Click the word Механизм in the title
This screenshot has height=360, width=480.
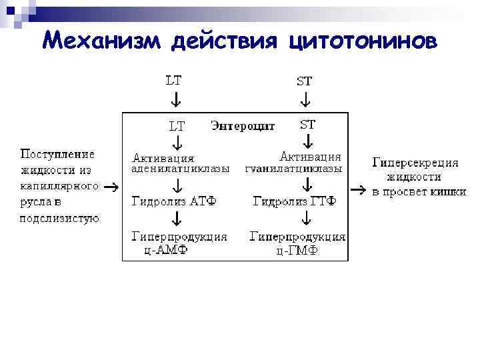101,41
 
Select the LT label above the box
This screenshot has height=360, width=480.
174,81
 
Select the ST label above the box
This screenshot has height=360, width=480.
304,81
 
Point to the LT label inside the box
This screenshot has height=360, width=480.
177,125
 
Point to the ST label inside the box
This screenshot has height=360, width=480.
308,124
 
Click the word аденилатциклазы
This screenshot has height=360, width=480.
180,169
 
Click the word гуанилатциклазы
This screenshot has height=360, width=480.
293,169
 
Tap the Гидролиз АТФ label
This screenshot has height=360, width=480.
174,201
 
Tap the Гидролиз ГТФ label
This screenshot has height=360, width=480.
294,201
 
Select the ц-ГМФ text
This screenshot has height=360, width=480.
297,251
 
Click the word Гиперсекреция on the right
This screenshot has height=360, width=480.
415,162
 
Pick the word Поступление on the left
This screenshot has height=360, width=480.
57,154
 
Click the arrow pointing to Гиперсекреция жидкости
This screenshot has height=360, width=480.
357,190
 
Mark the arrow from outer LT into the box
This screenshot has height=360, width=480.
175,100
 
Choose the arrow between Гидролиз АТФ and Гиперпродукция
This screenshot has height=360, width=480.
177,218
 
